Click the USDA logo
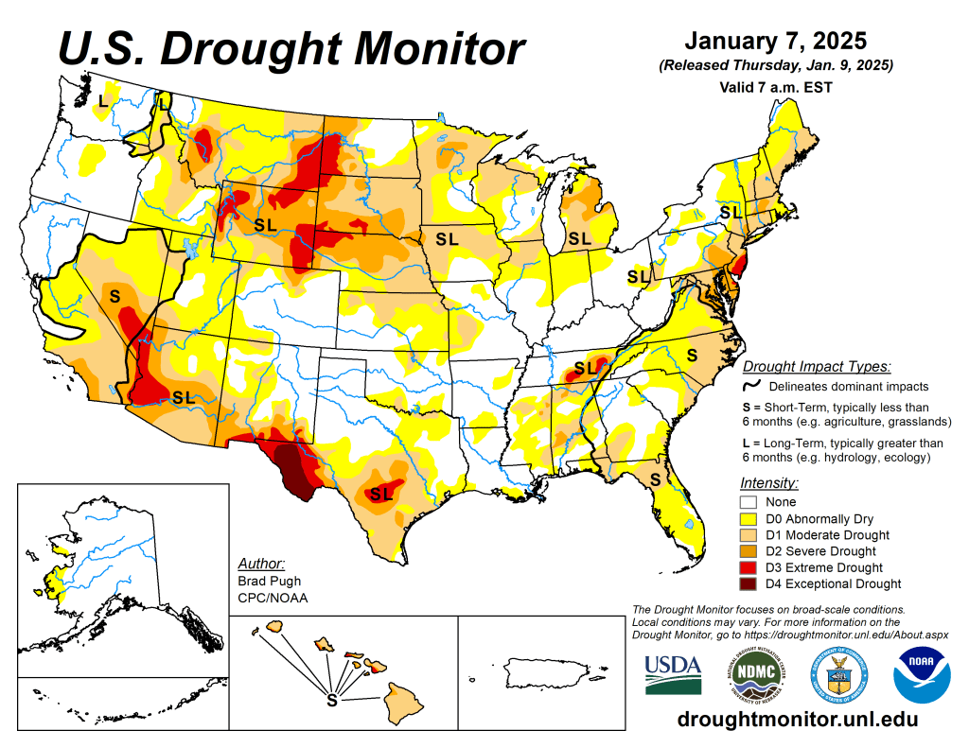[673, 674]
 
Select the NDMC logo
[755, 674]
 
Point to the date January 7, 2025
[775, 42]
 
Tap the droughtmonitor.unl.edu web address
[798, 720]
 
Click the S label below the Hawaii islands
[331, 701]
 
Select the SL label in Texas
[380, 494]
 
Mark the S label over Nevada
[115, 296]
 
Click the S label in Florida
[654, 480]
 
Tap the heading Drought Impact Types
[817, 367]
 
